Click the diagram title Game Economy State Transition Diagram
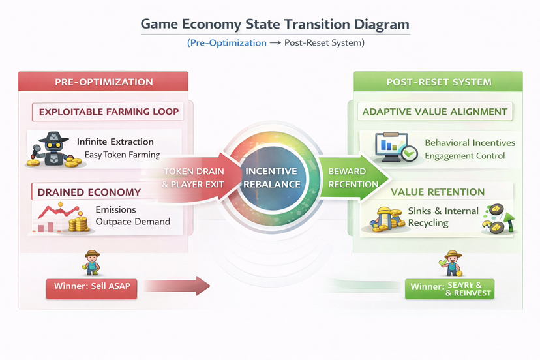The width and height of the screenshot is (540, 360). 275,25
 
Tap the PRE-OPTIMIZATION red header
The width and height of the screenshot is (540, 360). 104,82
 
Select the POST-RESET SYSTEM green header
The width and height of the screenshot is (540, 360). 438,82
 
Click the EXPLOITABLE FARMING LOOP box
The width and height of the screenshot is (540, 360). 108,112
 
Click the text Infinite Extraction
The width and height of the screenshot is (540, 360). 115,142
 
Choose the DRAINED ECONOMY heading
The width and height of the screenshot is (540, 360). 89,192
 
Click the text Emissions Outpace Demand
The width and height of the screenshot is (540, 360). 132,216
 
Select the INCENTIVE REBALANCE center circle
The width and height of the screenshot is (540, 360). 272,177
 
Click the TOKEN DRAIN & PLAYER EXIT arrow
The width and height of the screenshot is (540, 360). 193,177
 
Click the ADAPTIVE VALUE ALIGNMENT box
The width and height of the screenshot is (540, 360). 435,112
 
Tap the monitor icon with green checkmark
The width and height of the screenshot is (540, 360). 392,147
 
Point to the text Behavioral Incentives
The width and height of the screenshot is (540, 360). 470,143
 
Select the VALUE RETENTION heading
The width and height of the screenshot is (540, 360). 438,192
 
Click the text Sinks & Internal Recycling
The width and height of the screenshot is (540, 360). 442,217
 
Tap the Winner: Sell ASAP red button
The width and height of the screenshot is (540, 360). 91,288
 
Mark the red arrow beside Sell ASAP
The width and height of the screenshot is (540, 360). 177,286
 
